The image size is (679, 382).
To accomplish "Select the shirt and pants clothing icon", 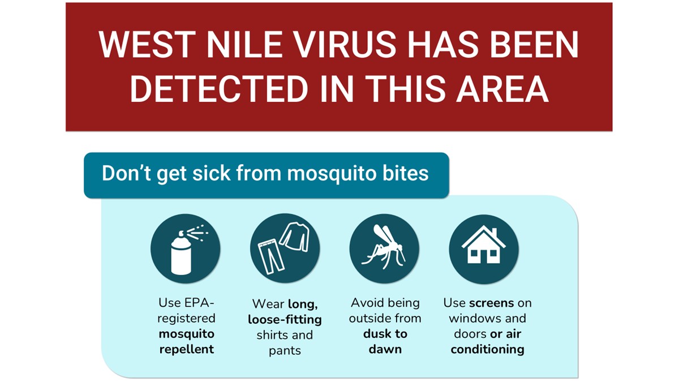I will [285, 249].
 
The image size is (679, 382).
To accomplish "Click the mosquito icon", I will [384, 249].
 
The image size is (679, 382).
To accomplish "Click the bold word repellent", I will [187, 349].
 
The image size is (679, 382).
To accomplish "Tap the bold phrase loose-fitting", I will [285, 319].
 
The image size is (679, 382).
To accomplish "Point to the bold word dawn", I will [385, 349].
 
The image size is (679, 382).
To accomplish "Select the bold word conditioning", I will [487, 349].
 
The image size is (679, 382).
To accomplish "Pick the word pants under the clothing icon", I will [285, 350].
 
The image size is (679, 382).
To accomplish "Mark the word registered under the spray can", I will [187, 318].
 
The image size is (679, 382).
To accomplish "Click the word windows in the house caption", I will [474, 318].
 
